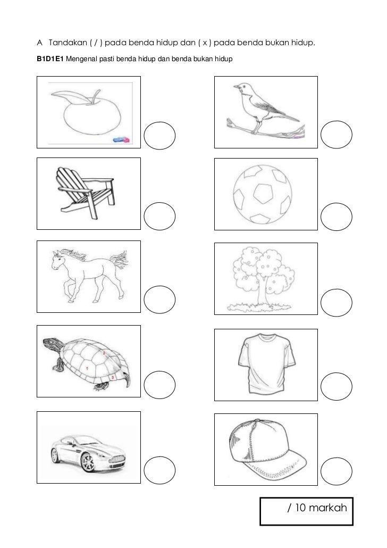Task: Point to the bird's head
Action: click(242, 87)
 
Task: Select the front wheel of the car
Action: click(87, 462)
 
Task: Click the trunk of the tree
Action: click(263, 292)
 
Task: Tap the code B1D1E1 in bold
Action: click(50, 59)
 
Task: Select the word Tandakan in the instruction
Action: click(68, 43)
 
